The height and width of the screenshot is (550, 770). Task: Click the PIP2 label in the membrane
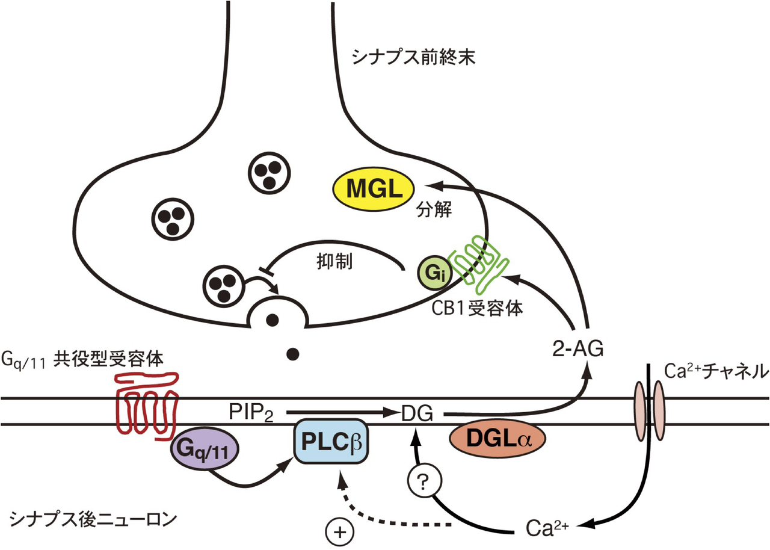[251, 412]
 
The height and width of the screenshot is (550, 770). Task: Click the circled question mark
[424, 481]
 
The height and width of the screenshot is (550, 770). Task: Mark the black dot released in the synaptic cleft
[293, 354]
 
